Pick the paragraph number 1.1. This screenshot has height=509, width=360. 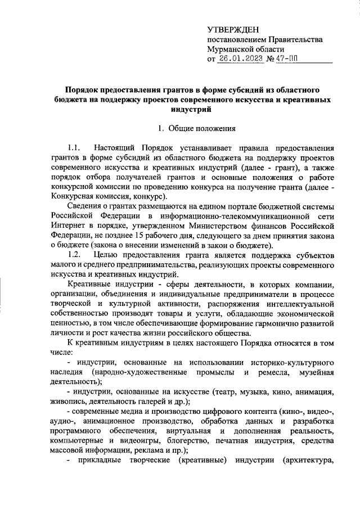pyautogui.click(x=74, y=148)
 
